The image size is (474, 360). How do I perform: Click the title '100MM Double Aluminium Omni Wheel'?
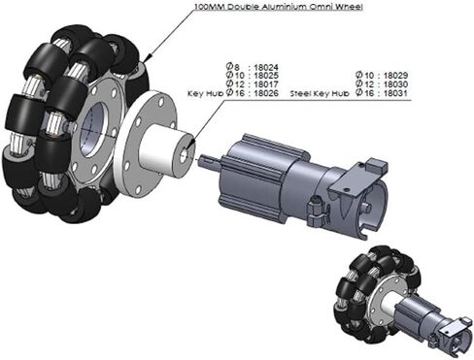pyautogui.click(x=279, y=7)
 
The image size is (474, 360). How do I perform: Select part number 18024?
pyautogui.click(x=266, y=68)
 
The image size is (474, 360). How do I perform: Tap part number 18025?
pyautogui.click(x=266, y=76)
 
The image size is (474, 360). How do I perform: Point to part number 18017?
pyautogui.click(x=266, y=84)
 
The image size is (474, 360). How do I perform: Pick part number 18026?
pyautogui.click(x=266, y=93)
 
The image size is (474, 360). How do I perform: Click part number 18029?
pyautogui.click(x=395, y=76)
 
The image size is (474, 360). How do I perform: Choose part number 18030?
pyautogui.click(x=395, y=84)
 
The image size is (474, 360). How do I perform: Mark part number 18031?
pyautogui.click(x=395, y=93)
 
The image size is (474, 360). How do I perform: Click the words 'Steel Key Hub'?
pyautogui.click(x=320, y=94)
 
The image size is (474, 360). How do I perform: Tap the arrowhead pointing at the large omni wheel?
pyautogui.click(x=146, y=58)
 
